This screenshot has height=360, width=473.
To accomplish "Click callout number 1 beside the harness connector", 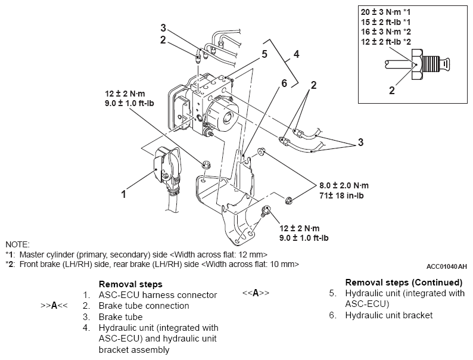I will pos(124,194).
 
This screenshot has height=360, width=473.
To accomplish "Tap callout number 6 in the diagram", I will pos(284,83).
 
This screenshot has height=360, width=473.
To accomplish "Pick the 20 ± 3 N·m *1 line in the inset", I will pos(385,12).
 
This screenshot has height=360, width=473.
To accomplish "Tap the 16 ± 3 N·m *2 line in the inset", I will pos(385,32).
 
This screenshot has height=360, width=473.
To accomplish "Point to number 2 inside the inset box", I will pos(392,91).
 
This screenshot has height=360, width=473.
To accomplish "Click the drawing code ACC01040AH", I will pos(447,266).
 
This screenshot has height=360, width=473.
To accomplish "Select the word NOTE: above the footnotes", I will pos(17,244).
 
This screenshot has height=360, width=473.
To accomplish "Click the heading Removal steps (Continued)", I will pos(403,282).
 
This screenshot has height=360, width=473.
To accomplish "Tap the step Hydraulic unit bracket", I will pos(388,315).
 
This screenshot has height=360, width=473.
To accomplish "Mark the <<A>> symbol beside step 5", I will pos(256,293).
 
